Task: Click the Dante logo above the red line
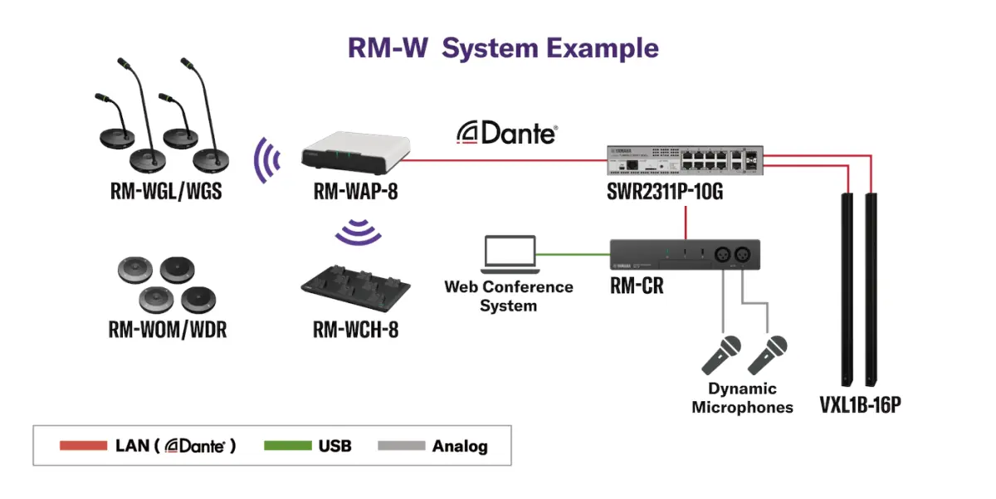click(506, 133)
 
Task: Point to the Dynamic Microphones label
click(742, 398)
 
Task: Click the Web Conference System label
click(508, 296)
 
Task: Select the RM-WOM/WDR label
click(167, 330)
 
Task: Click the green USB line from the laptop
click(573, 254)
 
